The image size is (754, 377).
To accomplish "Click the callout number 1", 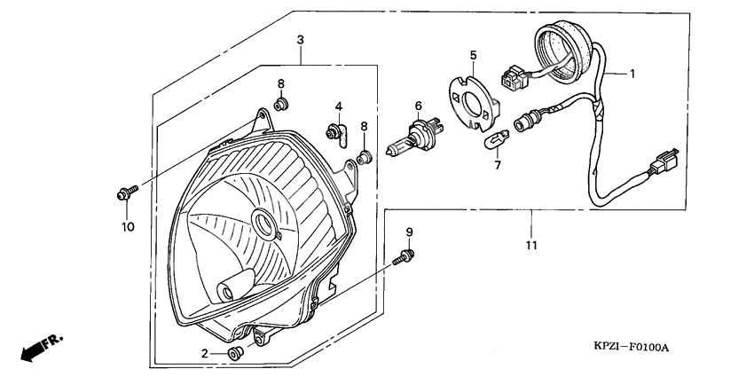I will tap(633, 74).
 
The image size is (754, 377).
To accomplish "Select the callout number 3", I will tap(301, 41).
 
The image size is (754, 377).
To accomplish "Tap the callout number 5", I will tap(473, 54).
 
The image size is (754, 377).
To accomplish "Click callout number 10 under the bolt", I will tap(127, 227).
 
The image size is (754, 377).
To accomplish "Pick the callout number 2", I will tap(205, 353).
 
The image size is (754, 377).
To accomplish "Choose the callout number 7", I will tap(497, 165).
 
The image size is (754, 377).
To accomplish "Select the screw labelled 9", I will tap(404, 258).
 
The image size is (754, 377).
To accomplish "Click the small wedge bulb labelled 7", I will tap(493, 141).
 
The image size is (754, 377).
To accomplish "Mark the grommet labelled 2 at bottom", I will tap(235, 354).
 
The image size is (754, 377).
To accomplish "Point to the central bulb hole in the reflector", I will tap(264, 223).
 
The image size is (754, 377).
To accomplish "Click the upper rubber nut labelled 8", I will tap(282, 106).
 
